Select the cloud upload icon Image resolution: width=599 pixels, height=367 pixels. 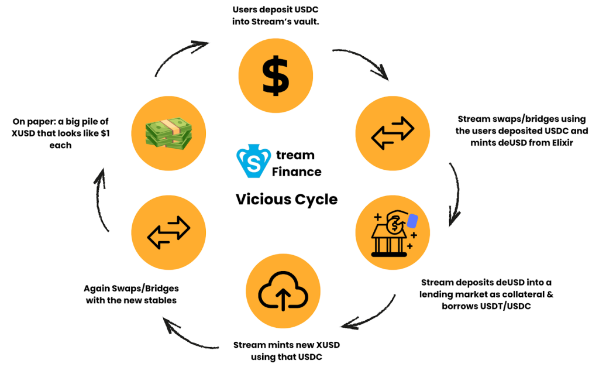click(284, 291)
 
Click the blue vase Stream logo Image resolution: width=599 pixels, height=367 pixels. click(253, 162)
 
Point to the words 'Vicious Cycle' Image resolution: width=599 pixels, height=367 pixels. click(287, 199)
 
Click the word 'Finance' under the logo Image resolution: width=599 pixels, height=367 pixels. click(297, 172)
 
